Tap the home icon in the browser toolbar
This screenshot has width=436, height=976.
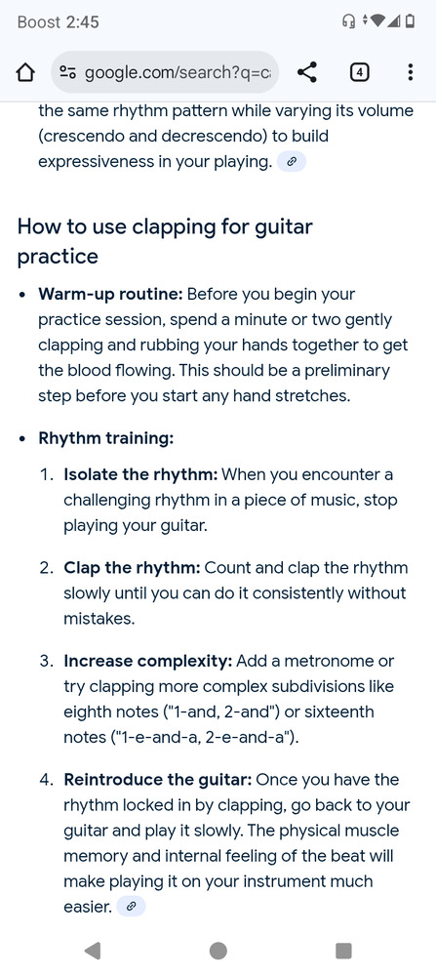coord(24,73)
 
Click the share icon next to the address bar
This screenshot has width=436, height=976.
coord(306,73)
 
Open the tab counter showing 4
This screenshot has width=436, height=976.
coord(359,73)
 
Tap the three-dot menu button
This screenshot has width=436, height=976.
coord(410,73)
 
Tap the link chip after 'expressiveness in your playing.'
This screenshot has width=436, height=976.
coord(292,162)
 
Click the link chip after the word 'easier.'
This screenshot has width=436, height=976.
coord(132,907)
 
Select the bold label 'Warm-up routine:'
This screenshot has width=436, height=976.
coord(111,295)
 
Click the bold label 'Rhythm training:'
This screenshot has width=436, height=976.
coord(105,438)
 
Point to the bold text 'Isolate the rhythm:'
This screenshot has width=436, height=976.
coord(140,475)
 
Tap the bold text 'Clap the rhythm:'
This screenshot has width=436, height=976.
coord(132,568)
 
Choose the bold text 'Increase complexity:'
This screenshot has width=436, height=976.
coord(148,661)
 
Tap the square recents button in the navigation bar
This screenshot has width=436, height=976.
coord(343,950)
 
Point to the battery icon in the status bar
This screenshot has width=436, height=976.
coord(410,21)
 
